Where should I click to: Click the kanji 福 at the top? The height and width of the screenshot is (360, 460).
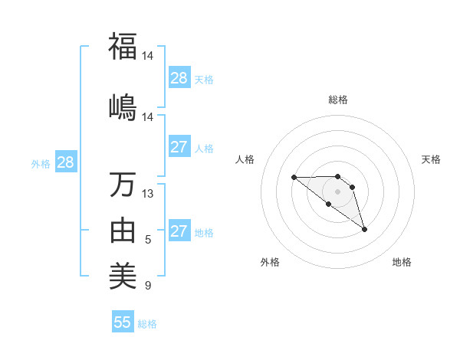[x=123, y=46]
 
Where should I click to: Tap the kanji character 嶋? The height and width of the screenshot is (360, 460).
[x=123, y=105]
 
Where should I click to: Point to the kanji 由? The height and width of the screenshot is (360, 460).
[x=123, y=228]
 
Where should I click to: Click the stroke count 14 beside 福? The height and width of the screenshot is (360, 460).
[x=147, y=57]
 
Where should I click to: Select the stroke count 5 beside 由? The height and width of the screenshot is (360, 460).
[x=148, y=240]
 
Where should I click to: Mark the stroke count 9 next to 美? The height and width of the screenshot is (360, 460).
[x=148, y=286]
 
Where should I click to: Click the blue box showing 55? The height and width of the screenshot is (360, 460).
[x=123, y=322]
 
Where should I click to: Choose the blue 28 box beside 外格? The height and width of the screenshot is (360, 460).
[x=65, y=162]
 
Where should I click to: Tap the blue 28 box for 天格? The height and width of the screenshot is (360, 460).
[x=179, y=78]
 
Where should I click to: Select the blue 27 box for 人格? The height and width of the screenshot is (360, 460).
[x=179, y=147]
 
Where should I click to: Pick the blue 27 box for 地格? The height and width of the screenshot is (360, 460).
[x=179, y=231]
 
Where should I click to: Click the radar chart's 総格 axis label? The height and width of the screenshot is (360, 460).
[x=338, y=100]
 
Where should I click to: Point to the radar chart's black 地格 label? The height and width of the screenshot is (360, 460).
[x=402, y=262]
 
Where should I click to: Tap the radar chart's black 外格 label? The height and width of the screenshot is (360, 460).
[x=270, y=262]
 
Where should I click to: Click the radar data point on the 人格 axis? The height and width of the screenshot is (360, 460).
[x=294, y=178]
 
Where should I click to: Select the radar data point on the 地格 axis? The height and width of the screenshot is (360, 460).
[x=364, y=229]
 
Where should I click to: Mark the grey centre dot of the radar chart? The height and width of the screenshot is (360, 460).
[x=337, y=191]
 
